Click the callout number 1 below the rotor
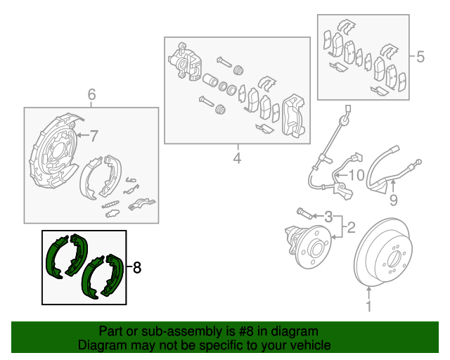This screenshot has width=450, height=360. point(367,307)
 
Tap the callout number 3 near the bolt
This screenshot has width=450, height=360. point(327,216)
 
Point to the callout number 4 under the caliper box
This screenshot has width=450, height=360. point(237,158)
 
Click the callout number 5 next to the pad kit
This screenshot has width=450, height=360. point(420,57)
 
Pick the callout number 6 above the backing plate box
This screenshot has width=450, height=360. point(91,95)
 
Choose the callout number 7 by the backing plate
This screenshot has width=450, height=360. point(94,135)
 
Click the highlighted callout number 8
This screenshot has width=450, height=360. point(137,267)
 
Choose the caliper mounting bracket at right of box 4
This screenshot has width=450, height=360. point(291,116)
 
